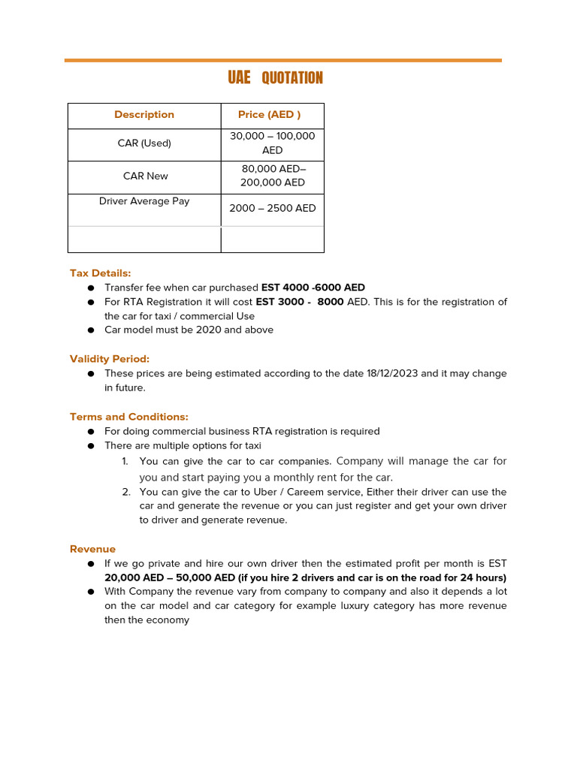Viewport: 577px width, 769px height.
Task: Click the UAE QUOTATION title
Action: tap(276, 78)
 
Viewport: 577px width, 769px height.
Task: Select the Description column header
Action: tap(144, 115)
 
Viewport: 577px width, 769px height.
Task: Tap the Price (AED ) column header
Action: tap(269, 115)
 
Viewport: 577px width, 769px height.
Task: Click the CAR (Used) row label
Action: tap(144, 143)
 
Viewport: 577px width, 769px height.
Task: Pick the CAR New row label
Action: tap(146, 176)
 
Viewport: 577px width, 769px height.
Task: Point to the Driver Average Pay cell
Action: tap(144, 201)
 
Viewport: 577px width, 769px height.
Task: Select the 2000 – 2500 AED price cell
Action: tap(272, 209)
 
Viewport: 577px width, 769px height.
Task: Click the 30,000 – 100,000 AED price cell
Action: tap(272, 143)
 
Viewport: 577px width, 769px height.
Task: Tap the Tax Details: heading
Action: tap(100, 273)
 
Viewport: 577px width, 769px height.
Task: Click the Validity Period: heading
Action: tap(110, 359)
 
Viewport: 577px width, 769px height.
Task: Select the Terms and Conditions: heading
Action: tap(129, 417)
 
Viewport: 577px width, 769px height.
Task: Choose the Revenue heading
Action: tap(92, 549)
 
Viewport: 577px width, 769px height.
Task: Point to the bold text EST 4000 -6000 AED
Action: tap(313, 288)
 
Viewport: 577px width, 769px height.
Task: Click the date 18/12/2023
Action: tap(391, 373)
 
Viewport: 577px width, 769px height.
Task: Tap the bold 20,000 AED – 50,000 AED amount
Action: tap(170, 578)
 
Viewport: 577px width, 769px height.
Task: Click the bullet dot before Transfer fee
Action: tap(90, 288)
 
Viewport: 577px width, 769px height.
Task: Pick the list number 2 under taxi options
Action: tap(125, 492)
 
